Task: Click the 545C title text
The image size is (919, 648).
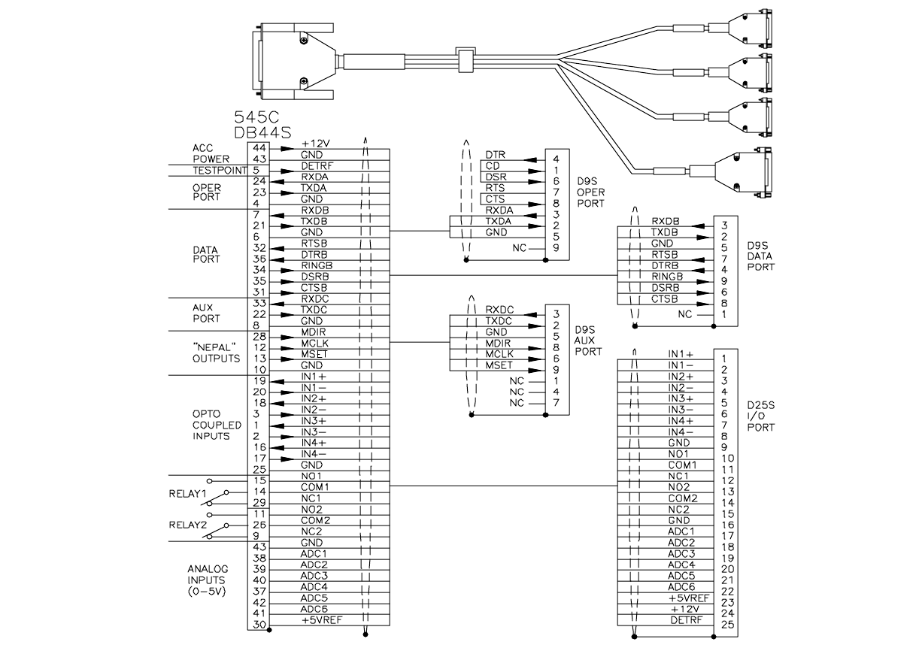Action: coord(256,117)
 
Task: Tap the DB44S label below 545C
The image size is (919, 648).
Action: coord(262,133)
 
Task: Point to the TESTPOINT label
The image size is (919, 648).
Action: coord(220,171)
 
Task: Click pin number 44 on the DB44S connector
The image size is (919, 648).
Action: coord(259,148)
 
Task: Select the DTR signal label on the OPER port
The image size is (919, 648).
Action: coord(495,155)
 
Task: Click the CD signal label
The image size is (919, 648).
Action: coord(493,166)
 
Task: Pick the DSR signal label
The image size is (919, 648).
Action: coord(496,177)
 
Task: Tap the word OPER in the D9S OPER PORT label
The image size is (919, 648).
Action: coord(591,192)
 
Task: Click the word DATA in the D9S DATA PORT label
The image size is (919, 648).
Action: coord(760,256)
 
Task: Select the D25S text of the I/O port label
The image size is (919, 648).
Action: coord(760,406)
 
